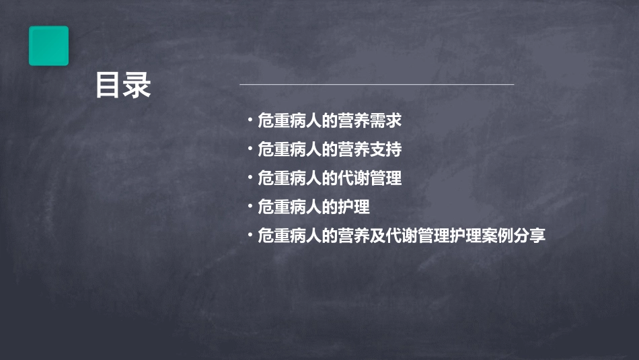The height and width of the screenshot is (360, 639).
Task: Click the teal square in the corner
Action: click(48, 46)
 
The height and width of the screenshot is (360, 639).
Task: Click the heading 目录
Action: click(123, 85)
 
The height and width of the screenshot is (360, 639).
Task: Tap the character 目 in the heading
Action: click(108, 85)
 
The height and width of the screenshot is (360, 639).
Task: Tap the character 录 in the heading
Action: click(138, 85)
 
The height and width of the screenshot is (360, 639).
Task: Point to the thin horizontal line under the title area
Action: click(377, 85)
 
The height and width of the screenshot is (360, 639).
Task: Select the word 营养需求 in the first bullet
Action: click(373, 120)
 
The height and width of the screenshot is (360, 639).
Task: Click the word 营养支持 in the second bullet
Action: click(373, 149)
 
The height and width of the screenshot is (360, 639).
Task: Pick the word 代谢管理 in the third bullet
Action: click(373, 178)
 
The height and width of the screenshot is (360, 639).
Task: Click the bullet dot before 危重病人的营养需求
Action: click(250, 120)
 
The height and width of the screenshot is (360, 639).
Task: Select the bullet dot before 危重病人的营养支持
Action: click(250, 149)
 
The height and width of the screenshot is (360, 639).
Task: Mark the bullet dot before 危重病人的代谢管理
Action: click(250, 178)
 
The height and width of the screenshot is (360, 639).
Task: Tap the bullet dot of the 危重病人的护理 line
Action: click(250, 207)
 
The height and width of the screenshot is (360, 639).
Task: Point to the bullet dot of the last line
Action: click(250, 236)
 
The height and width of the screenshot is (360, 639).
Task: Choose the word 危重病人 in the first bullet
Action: click(286, 120)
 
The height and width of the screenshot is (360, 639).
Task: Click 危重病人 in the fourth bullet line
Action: click(286, 207)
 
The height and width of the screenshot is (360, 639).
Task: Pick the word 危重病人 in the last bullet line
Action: click(286, 236)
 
